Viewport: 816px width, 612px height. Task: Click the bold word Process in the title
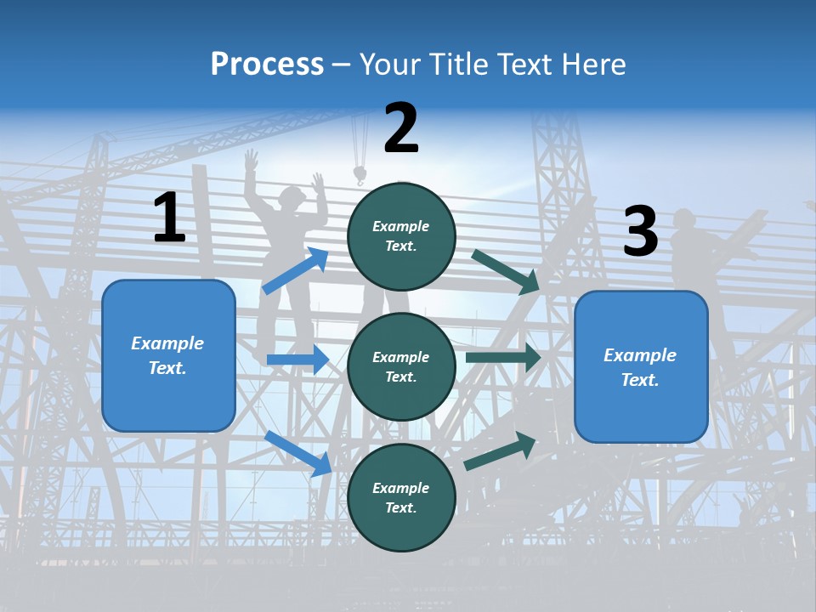[x=267, y=65]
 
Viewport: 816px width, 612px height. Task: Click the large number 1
[x=169, y=218]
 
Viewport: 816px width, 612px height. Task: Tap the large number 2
[x=401, y=128]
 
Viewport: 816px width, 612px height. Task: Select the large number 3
[x=640, y=232]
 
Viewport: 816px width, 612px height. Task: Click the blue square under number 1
[x=168, y=355]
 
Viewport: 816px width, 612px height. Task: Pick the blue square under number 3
[x=641, y=367]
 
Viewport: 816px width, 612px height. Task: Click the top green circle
[x=401, y=236]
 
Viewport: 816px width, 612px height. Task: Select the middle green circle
[x=401, y=366]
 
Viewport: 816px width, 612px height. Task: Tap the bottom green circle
[x=401, y=497]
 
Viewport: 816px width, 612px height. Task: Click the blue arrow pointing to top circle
[x=295, y=270]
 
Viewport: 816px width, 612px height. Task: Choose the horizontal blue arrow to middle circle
[x=297, y=360]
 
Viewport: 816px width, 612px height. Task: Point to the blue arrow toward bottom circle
[x=297, y=453]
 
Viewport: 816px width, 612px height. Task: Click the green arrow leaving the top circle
[x=505, y=271]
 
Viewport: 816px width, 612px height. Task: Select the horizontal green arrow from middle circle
[x=502, y=358]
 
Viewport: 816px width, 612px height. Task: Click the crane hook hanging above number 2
[x=360, y=174]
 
